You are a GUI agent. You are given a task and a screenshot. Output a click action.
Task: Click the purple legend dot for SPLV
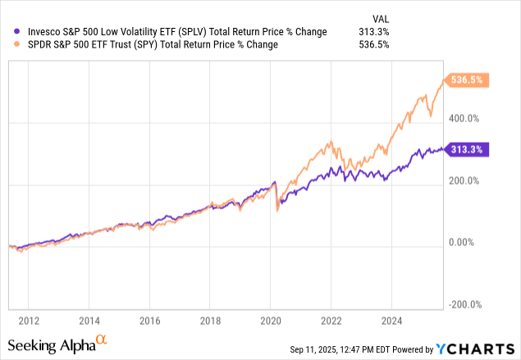8,32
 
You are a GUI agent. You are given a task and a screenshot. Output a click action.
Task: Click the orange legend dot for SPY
8,44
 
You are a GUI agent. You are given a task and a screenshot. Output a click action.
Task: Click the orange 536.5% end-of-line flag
470,80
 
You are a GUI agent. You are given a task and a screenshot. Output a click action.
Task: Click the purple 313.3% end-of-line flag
468,149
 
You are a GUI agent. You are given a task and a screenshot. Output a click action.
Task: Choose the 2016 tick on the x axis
149,320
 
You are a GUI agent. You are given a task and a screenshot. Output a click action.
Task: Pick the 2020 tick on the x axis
270,320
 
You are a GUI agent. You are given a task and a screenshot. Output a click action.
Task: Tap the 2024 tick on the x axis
391,320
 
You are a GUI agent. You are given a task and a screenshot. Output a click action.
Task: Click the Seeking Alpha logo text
57,344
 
